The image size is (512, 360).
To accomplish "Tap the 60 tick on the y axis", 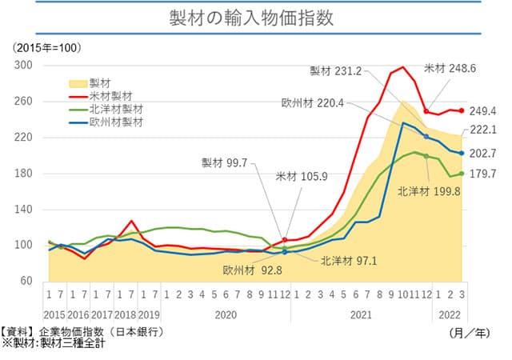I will tap(28, 281).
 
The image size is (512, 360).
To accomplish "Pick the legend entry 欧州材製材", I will tap(116, 122).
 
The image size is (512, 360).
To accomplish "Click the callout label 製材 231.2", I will tap(336, 71).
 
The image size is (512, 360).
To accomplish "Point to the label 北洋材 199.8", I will tap(430, 191).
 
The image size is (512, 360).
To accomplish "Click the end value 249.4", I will tap(482, 110).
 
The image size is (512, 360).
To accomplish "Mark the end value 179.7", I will tap(482, 174).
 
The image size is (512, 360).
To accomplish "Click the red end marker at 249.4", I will tap(462, 111).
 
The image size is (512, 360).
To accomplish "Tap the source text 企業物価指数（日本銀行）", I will tap(105, 331).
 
